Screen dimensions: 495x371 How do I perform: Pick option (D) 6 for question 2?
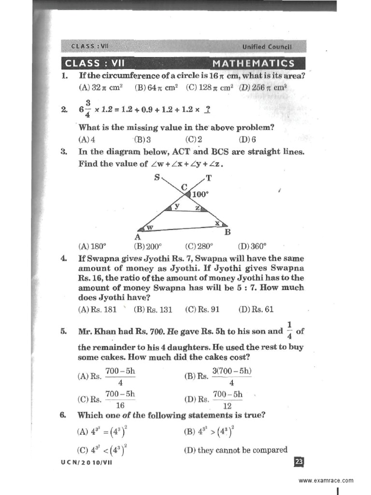click(244, 140)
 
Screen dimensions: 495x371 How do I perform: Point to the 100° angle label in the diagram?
click(200, 194)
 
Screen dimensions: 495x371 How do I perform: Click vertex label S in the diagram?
click(157, 177)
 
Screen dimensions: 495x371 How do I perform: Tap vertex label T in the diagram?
click(209, 178)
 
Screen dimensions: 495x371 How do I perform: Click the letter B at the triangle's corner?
click(228, 232)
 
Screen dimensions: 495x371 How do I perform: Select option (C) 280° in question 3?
click(196, 246)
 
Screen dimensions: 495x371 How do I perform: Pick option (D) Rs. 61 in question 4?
click(256, 310)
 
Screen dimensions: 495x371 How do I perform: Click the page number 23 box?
click(299, 463)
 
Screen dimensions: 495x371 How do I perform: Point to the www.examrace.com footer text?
click(326, 480)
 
